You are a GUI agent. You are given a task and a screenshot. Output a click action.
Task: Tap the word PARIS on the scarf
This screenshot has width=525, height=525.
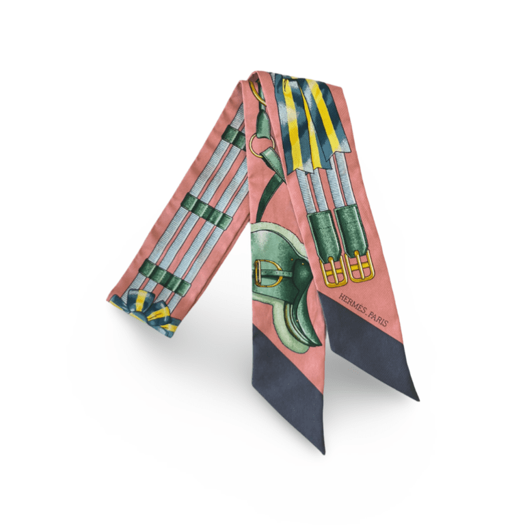pyautogui.click(x=378, y=320)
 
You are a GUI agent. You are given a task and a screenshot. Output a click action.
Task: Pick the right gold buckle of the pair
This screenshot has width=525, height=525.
pyautogui.click(x=360, y=266)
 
